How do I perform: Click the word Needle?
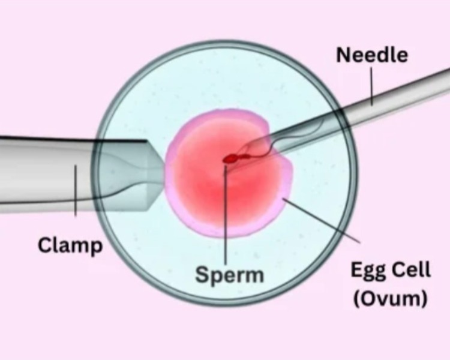[x=372, y=55]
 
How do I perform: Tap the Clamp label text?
[x=70, y=246]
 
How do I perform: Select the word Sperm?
[x=229, y=274]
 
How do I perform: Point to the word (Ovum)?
[x=391, y=299]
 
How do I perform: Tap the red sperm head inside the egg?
[x=230, y=158]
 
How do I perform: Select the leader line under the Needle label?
[x=371, y=86]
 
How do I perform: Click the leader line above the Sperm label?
[x=226, y=215]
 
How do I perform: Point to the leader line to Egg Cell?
[x=322, y=220]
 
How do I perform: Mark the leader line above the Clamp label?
[x=76, y=190]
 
